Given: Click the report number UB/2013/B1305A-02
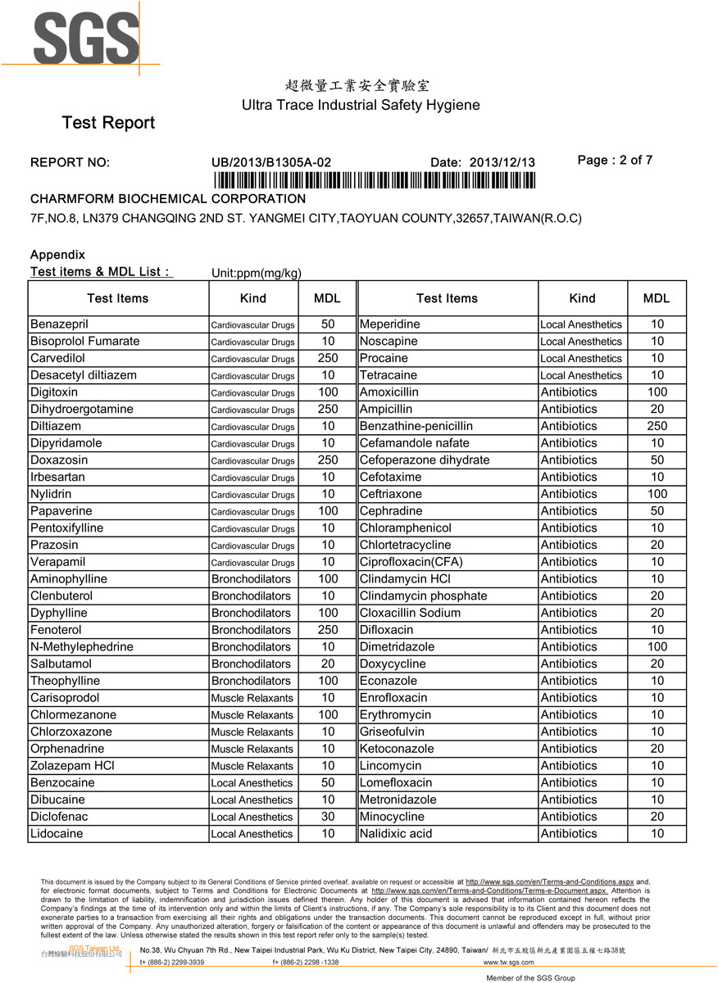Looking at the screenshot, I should (271, 162).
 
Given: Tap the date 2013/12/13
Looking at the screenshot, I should (502, 162).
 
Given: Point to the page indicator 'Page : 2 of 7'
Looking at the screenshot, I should (615, 161).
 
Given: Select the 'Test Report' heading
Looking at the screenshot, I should (108, 123).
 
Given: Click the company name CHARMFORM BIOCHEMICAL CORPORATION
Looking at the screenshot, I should (168, 199).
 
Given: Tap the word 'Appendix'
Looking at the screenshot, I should (57, 255).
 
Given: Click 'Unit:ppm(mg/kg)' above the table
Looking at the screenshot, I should (257, 273).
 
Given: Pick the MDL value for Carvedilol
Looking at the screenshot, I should (328, 358).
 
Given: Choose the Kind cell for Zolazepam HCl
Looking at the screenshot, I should (252, 766).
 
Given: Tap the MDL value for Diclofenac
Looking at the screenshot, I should (328, 817).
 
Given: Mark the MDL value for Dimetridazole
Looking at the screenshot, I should (657, 646).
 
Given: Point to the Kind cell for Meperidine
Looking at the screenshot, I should (581, 324).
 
